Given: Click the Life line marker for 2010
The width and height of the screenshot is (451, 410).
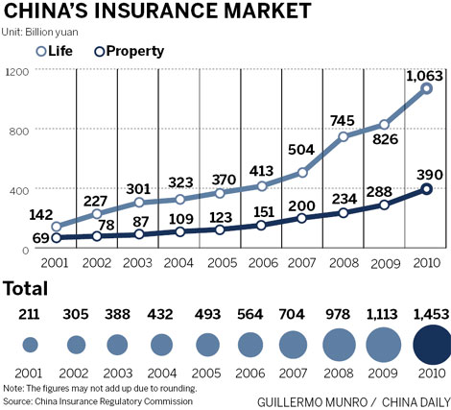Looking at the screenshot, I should [x=426, y=88].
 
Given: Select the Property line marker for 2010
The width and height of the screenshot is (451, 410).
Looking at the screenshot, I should [x=426, y=189].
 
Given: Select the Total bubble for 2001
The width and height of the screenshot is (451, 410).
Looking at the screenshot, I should [x=30, y=345].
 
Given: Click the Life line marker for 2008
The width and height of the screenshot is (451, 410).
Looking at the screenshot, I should [x=344, y=136].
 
